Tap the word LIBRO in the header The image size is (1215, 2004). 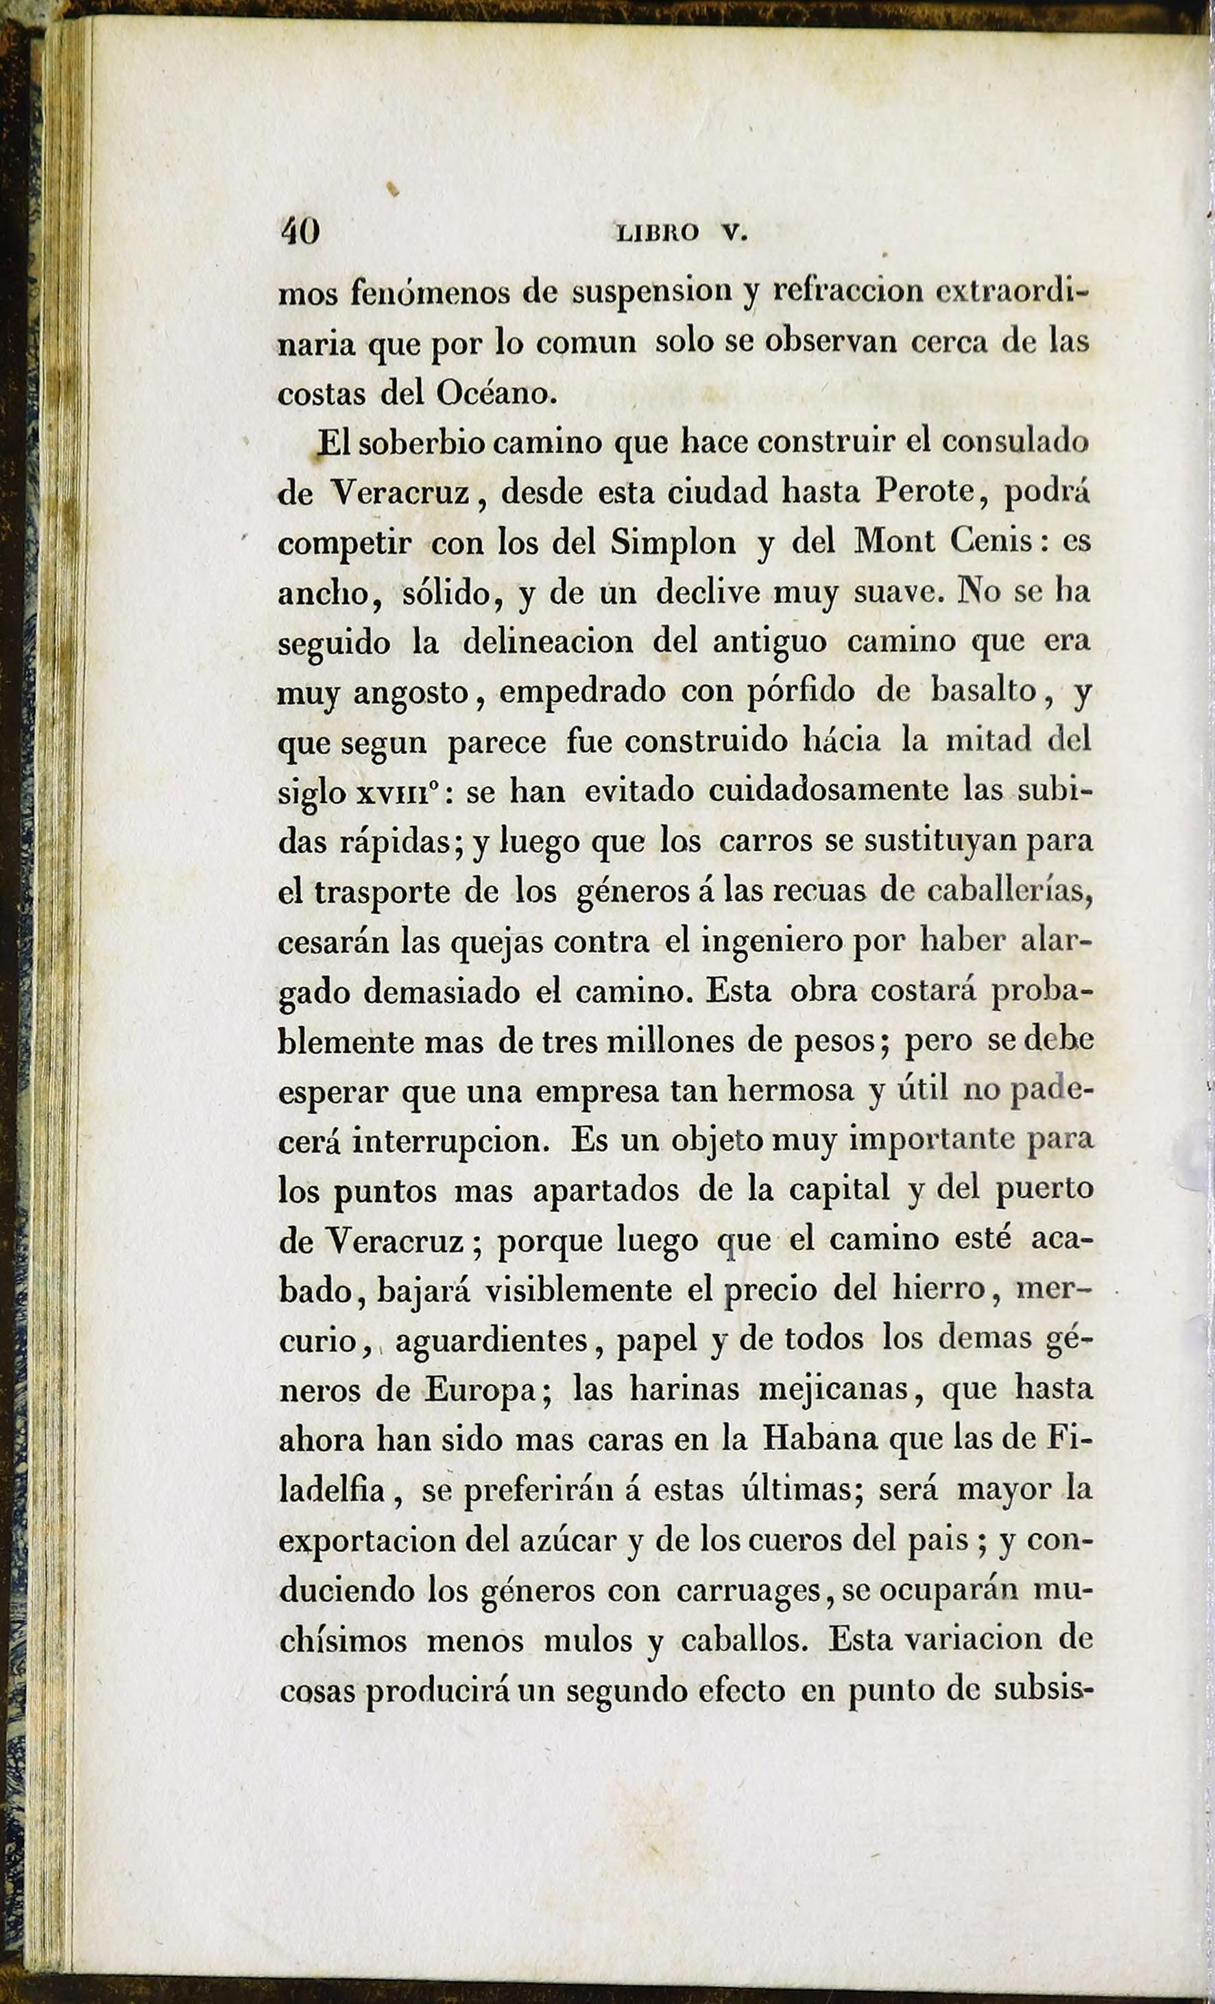pyautogui.click(x=657, y=234)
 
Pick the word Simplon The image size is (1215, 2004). pyautogui.click(x=673, y=542)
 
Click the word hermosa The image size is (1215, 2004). pyautogui.click(x=790, y=1091)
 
